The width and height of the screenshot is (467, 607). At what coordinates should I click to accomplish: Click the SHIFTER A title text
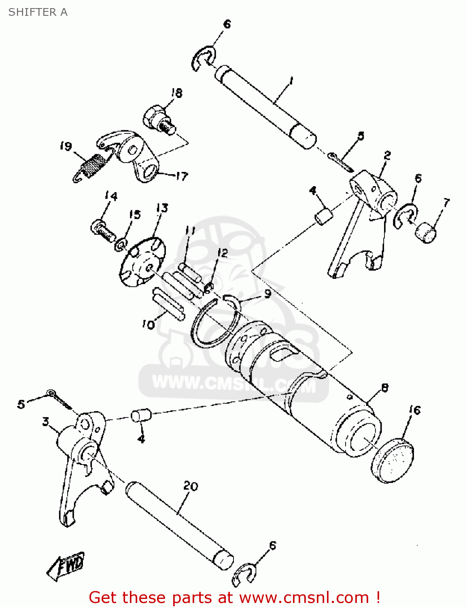tap(38, 12)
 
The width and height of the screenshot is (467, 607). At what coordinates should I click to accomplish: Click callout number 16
tap(415, 410)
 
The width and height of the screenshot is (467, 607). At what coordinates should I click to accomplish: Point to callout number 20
tap(190, 486)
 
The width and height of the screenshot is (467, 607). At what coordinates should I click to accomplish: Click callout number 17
tap(182, 176)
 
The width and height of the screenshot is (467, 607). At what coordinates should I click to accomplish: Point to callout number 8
tap(384, 388)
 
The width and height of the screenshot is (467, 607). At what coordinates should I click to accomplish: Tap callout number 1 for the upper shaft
tap(291, 82)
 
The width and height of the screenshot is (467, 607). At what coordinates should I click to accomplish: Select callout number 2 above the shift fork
tap(387, 155)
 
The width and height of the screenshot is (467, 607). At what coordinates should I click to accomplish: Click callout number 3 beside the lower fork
tap(46, 421)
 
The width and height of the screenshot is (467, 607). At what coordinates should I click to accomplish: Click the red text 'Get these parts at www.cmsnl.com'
tap(234, 597)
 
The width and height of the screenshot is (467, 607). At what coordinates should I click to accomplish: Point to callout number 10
tap(149, 324)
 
